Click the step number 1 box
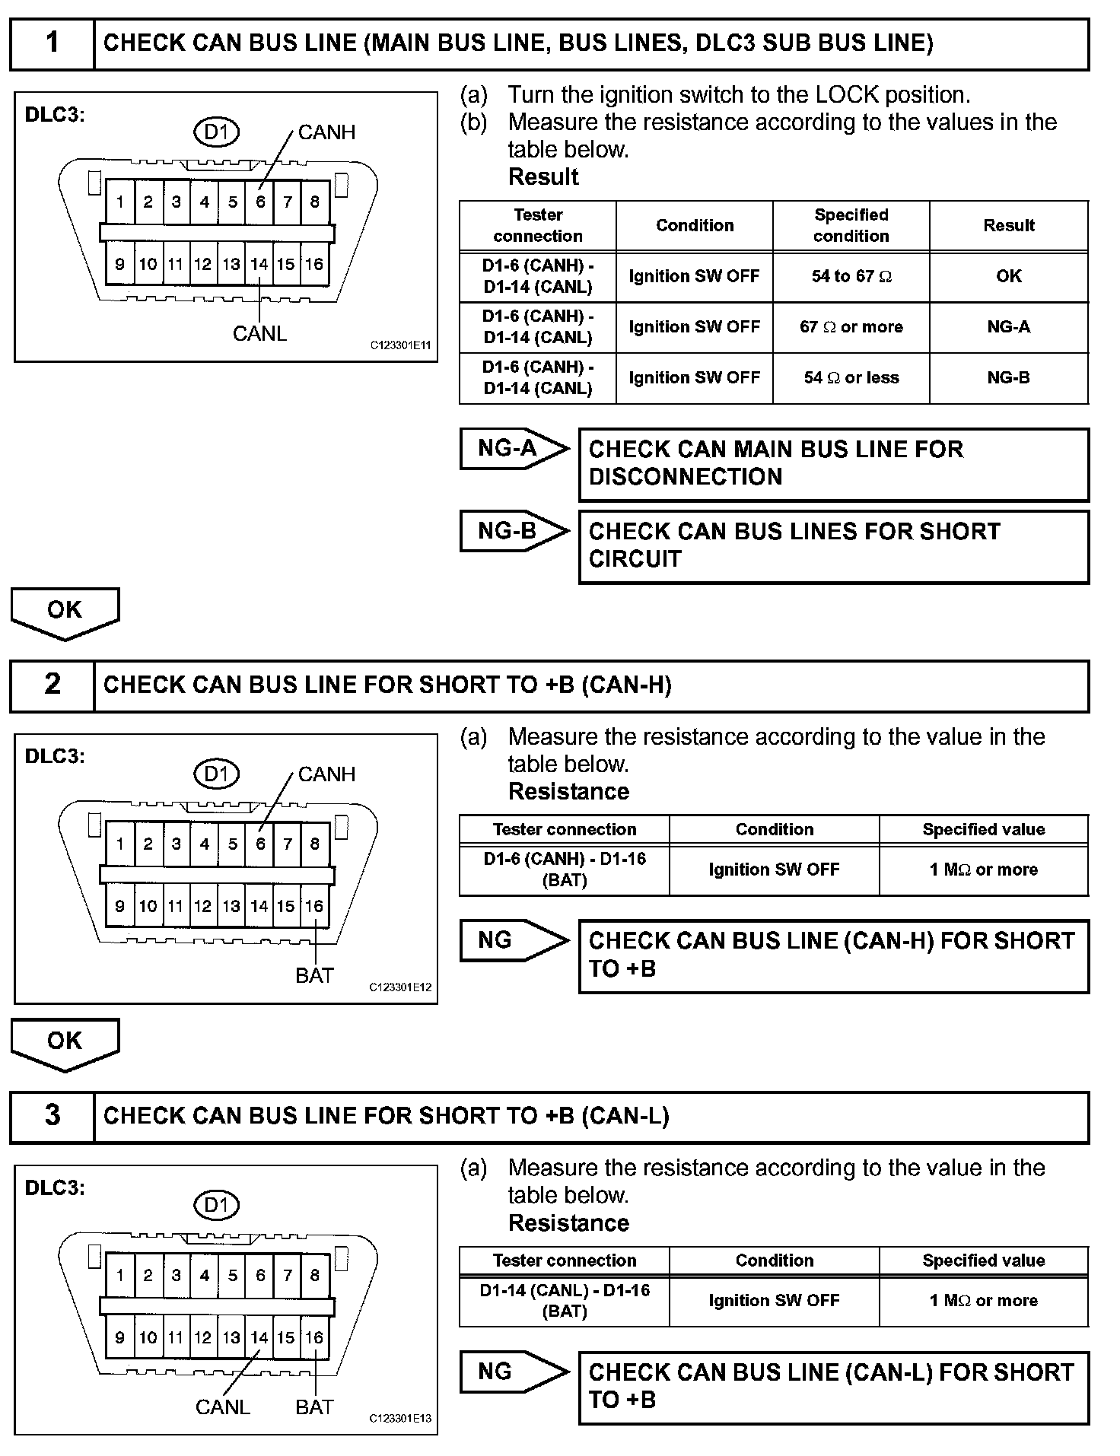[x=52, y=43]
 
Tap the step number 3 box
[x=52, y=1115]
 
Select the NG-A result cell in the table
[x=1008, y=327]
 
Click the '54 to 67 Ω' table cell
[x=851, y=276]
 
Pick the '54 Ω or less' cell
[x=851, y=378]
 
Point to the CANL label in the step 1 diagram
[x=259, y=334]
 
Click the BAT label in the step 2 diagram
[x=314, y=975]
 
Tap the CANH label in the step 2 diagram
[x=326, y=774]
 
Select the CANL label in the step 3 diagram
[x=222, y=1407]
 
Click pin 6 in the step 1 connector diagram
[x=260, y=202]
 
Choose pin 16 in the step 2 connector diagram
[x=314, y=906]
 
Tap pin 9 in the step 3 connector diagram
[x=119, y=1337]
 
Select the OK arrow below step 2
[x=65, y=1043]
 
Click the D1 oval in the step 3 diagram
[x=217, y=1206]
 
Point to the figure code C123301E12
[x=400, y=987]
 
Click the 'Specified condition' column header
[x=851, y=225]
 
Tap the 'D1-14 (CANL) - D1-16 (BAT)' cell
[x=565, y=1300]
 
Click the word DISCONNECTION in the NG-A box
[x=686, y=477]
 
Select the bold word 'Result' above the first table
[x=543, y=177]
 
